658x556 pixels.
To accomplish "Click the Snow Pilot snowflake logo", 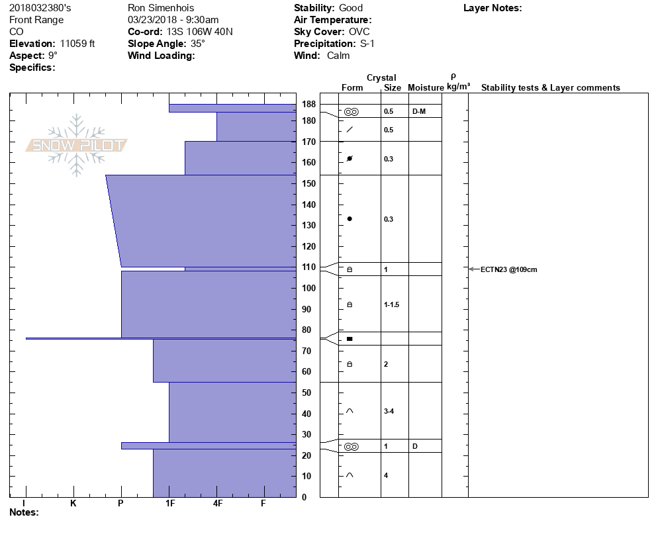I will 77,145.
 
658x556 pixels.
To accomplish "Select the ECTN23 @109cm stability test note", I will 508,269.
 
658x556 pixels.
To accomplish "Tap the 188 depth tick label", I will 308,104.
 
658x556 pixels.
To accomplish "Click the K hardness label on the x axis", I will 73,504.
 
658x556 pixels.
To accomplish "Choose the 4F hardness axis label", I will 217,504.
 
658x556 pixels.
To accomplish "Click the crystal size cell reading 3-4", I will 389,411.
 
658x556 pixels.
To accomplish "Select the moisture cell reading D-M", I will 418,111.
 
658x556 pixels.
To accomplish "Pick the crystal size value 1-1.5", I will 391,304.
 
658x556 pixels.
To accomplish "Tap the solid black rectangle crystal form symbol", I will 350,339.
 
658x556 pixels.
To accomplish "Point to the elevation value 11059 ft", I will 77,44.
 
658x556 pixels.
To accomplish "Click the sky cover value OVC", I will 359,32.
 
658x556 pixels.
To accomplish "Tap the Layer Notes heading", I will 493,8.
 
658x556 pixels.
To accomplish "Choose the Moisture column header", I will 425,88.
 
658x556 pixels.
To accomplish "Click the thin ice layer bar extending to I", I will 159,338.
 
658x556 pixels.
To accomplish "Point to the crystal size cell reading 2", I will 386,364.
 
